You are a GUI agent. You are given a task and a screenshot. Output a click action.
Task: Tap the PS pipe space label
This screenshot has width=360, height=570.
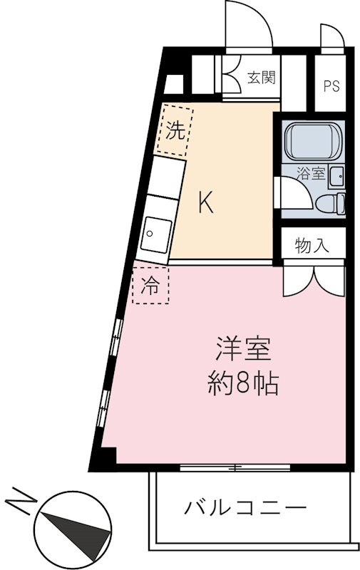point(331,87)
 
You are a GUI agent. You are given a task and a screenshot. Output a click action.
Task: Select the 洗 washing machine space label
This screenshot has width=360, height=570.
point(175,130)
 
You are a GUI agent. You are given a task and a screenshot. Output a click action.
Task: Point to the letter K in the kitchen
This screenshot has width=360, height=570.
point(205,204)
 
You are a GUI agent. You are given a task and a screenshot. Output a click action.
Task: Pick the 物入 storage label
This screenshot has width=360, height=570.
point(312,246)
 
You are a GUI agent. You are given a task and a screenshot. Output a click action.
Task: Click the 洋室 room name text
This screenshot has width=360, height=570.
point(244,351)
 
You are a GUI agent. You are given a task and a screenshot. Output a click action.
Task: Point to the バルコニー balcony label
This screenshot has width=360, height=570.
point(247,509)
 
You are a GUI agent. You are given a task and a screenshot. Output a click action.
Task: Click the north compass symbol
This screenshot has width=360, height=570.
point(75,524)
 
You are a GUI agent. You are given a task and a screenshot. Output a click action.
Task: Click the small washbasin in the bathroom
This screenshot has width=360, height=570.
point(337,175)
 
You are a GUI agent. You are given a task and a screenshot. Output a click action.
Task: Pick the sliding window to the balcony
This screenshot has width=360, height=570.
point(235,467)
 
